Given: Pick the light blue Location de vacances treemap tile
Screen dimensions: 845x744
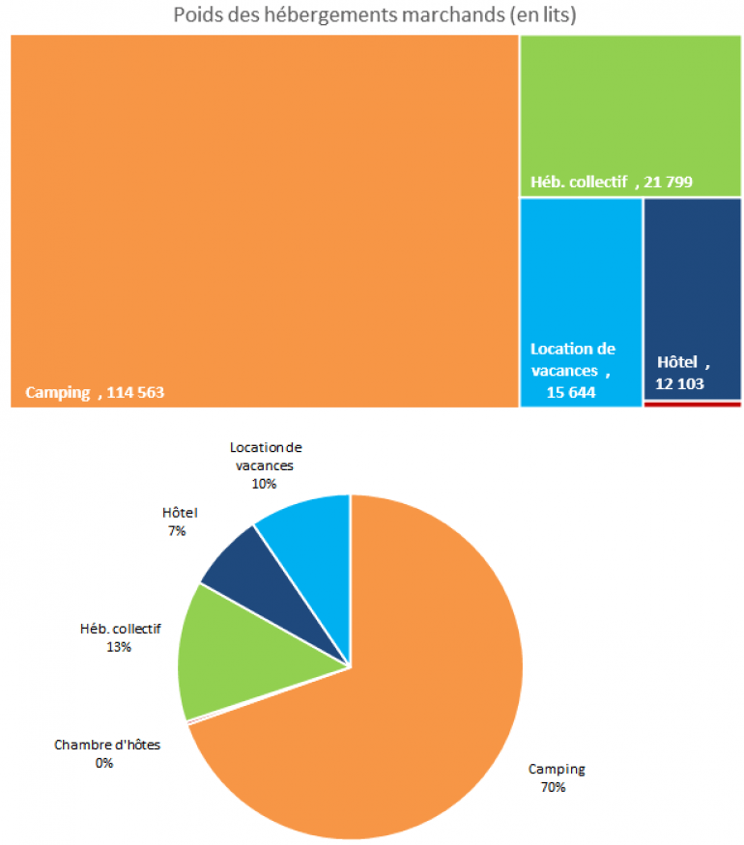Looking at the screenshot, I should tap(581, 270).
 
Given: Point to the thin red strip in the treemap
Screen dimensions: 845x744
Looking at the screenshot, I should tap(692, 404).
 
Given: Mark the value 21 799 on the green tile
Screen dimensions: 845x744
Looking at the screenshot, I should tap(669, 182).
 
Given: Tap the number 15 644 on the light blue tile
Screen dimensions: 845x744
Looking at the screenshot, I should tap(571, 392).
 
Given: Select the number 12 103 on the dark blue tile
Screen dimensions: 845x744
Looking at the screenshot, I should tap(680, 383).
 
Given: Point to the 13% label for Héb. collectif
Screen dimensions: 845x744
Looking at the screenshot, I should tap(120, 647).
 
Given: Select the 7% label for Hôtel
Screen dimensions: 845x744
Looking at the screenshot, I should tap(176, 530).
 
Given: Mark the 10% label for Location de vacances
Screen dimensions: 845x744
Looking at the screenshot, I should tap(265, 483).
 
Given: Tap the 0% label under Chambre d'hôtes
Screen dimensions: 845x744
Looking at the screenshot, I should tap(104, 763).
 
